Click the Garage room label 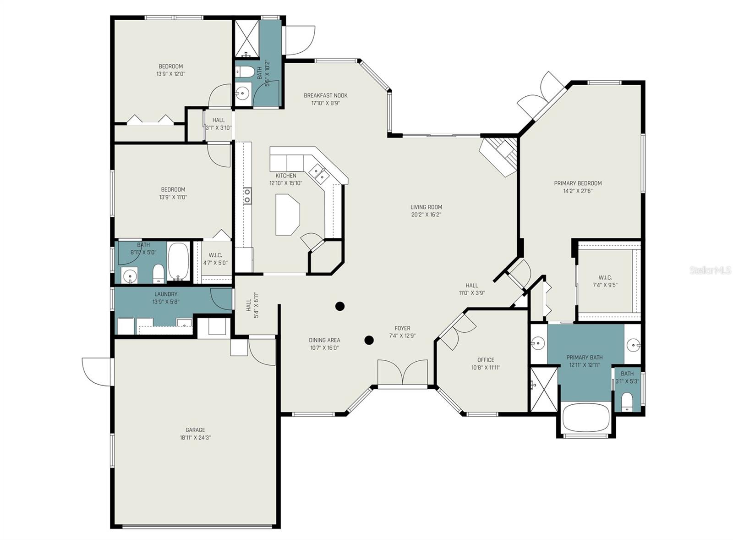[195, 430]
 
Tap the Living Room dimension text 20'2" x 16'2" [426, 215]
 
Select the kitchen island [288, 215]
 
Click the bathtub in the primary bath [586, 418]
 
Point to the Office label [486, 360]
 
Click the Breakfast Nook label [326, 96]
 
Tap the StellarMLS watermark [710, 270]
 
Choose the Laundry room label [166, 294]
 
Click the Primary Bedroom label [578, 183]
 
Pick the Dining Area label [324, 340]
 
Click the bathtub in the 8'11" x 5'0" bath [178, 261]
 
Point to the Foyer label [402, 328]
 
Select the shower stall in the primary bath [543, 390]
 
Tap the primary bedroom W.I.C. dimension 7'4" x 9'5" [605, 285]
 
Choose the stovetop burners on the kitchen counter [247, 196]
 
